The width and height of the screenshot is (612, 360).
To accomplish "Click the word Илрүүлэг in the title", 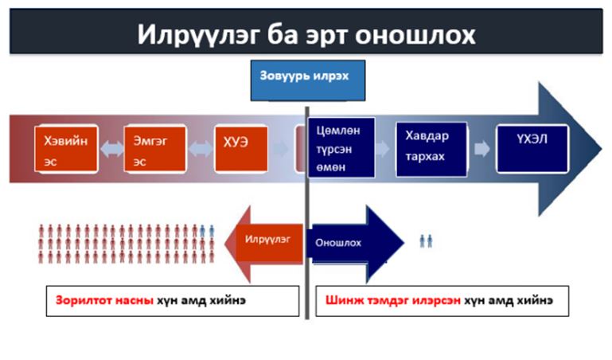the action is click(x=198, y=35).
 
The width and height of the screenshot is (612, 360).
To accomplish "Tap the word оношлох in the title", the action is click(x=415, y=35).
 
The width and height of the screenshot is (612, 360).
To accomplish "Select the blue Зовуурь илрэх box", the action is click(x=307, y=80).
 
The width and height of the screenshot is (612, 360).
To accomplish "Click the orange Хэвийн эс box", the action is click(x=66, y=149).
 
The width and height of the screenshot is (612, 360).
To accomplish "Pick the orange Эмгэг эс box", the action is click(x=155, y=149).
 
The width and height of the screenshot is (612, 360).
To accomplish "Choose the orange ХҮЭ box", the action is click(x=241, y=149).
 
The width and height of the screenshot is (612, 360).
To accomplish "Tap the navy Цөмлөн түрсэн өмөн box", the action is click(x=341, y=147).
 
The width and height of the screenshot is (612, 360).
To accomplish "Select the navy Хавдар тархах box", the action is click(x=431, y=149).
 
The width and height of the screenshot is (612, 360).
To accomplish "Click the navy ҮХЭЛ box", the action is click(x=532, y=149).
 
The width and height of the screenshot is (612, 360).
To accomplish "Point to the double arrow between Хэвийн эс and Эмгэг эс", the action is click(x=111, y=149).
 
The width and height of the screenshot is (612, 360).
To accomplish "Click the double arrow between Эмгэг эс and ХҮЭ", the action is click(x=201, y=149).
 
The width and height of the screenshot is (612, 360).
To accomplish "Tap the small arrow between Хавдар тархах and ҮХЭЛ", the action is click(x=481, y=149).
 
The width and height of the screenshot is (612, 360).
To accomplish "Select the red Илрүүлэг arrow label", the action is click(x=267, y=239).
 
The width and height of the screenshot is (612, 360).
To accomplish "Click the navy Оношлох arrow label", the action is click(x=338, y=243).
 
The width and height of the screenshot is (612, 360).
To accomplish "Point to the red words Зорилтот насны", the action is click(x=104, y=300).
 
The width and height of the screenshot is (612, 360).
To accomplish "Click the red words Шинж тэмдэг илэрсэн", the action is click(x=392, y=300).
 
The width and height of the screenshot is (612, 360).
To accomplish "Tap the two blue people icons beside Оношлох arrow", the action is click(x=426, y=241).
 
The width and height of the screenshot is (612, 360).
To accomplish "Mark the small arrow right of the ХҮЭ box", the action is click(x=280, y=149).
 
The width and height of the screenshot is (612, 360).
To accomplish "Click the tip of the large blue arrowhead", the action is click(x=602, y=149).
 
